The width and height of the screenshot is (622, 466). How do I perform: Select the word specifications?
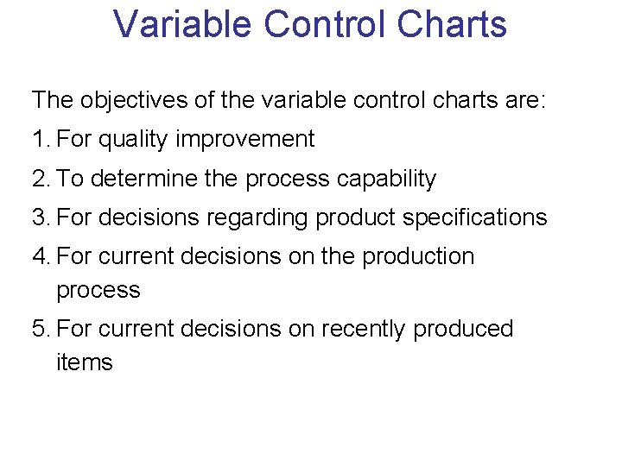coord(475,217)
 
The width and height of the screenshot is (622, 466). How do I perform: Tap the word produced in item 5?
coord(463,330)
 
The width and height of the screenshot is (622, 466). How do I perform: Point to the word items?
coord(84,362)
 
